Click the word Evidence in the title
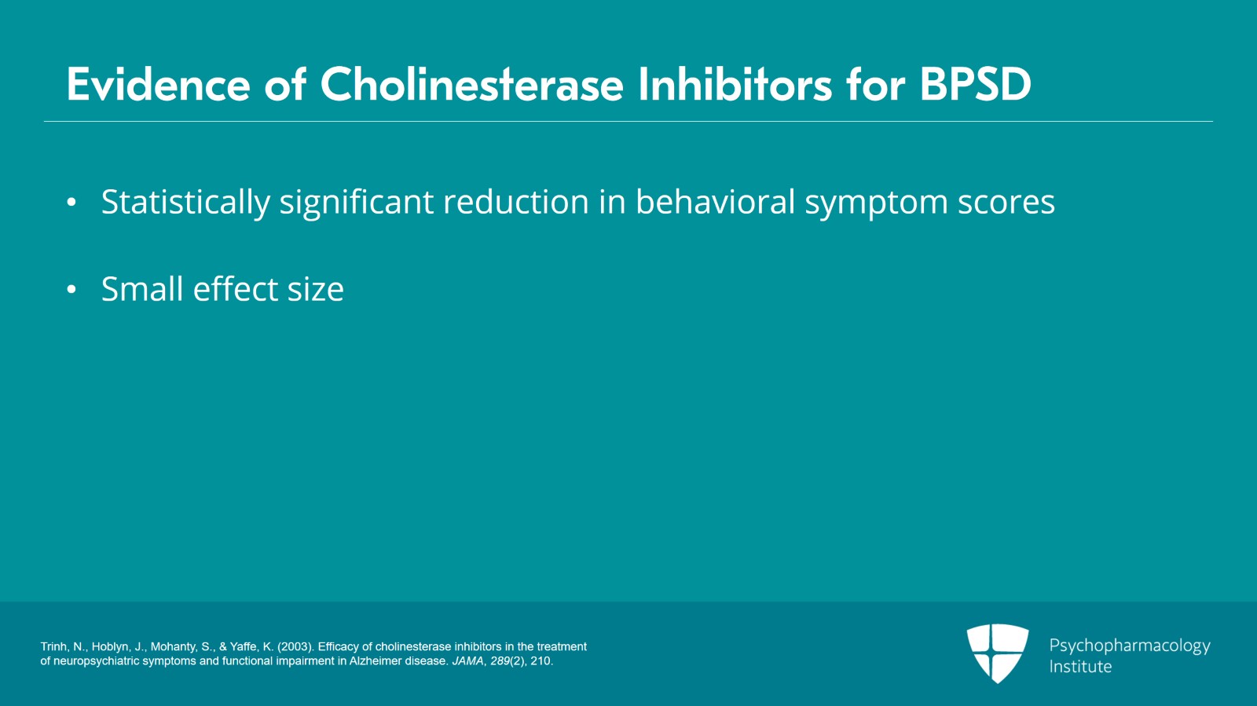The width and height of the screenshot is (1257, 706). click(x=158, y=85)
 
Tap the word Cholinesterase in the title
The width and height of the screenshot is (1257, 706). click(x=472, y=85)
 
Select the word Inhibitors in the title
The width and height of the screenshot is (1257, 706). click(x=735, y=85)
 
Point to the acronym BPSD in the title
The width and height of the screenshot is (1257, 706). click(x=975, y=85)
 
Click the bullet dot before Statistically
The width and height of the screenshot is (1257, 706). click(x=71, y=202)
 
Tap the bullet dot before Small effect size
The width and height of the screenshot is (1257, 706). click(x=71, y=289)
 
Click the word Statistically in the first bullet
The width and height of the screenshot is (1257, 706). click(x=185, y=203)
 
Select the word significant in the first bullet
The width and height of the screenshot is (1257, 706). click(x=357, y=203)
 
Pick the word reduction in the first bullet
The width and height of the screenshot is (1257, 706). click(x=515, y=201)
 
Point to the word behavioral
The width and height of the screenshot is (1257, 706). click(x=715, y=201)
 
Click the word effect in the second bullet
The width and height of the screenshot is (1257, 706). click(x=235, y=289)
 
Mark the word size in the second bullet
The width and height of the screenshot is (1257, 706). click(x=315, y=290)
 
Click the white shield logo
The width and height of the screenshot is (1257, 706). click(x=998, y=653)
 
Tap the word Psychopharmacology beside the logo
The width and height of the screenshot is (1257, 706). click(x=1130, y=646)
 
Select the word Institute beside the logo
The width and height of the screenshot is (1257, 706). click(x=1080, y=666)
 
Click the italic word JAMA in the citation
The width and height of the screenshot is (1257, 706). click(x=467, y=661)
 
